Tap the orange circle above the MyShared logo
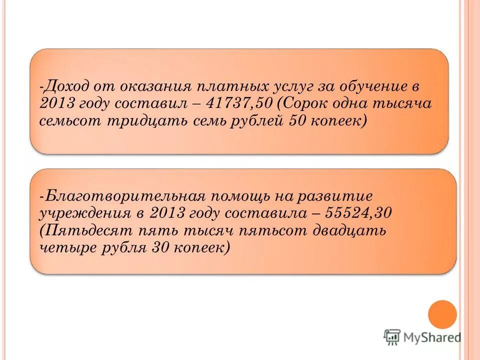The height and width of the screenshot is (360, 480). (442, 314)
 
